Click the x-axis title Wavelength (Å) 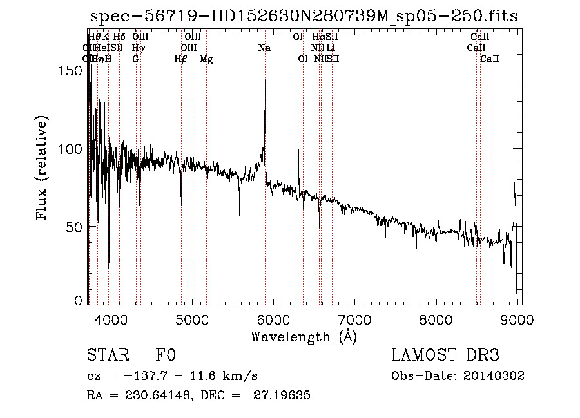[304, 336]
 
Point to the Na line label [264, 48]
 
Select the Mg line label [206, 59]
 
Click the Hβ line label [181, 59]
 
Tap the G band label [135, 59]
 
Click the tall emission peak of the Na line [265, 80]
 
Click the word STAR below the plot [108, 356]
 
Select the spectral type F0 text [166, 356]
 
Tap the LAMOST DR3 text [445, 356]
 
